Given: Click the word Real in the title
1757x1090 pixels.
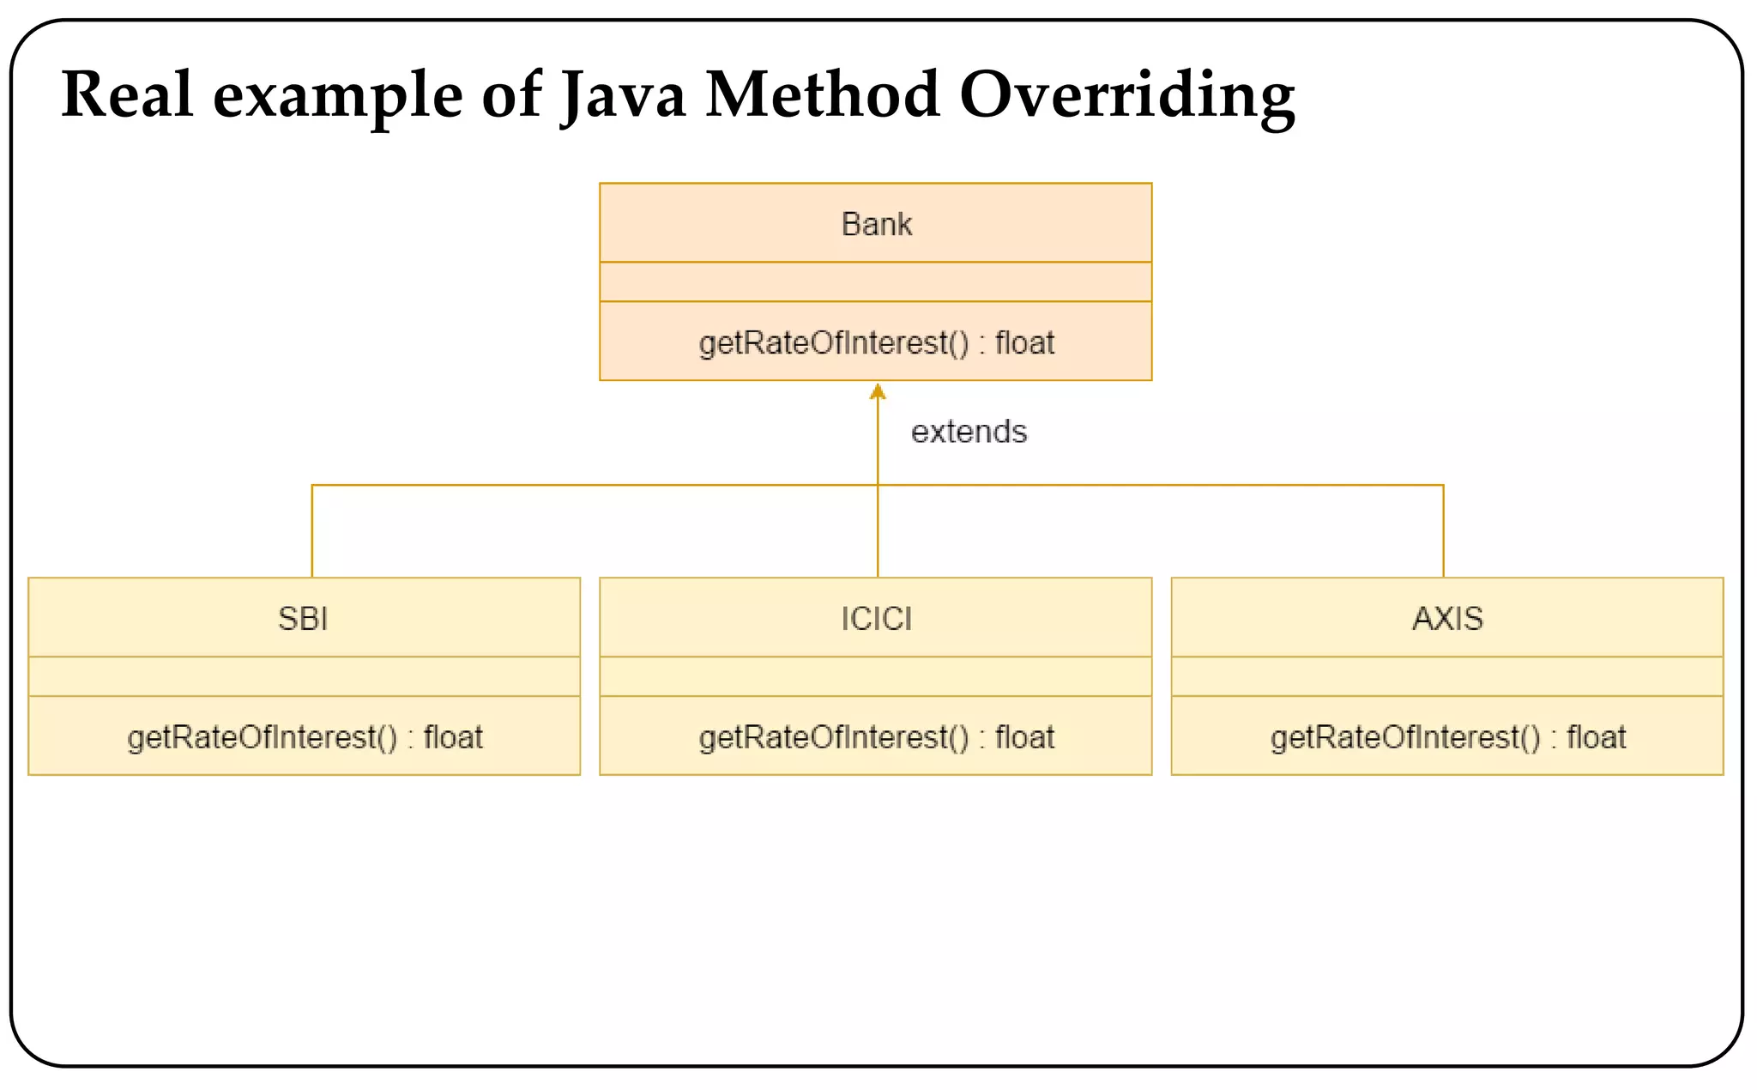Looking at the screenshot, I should pos(127,94).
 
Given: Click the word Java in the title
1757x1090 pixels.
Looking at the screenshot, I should pos(623,94).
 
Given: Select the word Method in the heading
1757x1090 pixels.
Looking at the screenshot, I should pos(822,94).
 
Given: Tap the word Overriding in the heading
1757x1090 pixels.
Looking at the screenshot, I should pos(1126,94).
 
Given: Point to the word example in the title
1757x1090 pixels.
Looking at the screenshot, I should pos(338,96).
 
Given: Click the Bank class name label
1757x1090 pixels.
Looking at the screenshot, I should pos(876,224).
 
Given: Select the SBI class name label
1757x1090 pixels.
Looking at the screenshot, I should pos(303,619).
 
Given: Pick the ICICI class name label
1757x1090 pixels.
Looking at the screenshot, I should pos(876,619).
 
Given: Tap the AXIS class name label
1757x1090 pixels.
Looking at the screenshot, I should pos(1447,619).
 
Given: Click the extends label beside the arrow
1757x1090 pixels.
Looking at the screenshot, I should pos(969,432).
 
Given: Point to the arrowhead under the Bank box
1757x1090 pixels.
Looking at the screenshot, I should pos(878,392).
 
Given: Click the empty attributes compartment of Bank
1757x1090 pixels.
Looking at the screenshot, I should pos(876,282).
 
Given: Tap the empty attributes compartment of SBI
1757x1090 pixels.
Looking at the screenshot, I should pos(305,676).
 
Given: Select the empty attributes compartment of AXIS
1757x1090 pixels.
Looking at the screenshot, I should pos(1447,676).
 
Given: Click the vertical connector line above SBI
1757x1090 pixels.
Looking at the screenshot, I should pos(312,532).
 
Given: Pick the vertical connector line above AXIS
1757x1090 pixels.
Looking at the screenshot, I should pos(1444,532).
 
